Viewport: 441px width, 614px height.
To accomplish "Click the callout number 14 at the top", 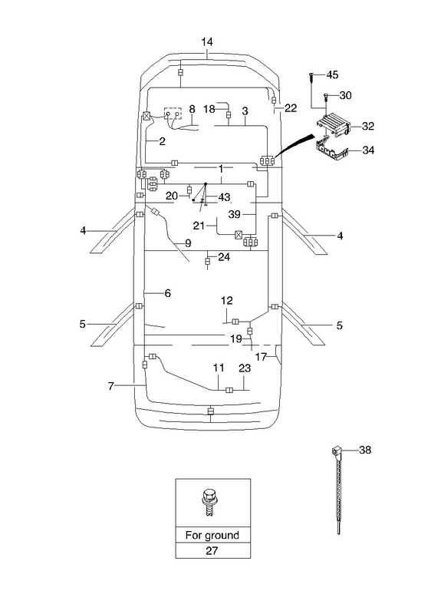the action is click(207, 41).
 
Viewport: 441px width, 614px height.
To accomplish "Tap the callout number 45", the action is click(332, 74).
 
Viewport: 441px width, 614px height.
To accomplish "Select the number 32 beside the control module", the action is click(368, 126).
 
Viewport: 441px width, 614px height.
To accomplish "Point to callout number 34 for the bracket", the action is click(368, 150).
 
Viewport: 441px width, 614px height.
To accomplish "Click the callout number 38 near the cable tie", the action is click(365, 450).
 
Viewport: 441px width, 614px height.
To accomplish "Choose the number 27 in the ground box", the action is click(212, 550).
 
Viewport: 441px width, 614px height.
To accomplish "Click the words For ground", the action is click(212, 535).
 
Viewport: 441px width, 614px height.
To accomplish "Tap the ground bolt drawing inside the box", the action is click(209, 503).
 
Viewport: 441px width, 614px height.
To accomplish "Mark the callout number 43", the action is click(224, 196).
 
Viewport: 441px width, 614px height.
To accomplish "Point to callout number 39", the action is click(235, 214).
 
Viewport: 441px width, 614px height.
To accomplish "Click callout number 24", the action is click(224, 257).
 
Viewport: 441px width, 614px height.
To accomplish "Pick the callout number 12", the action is click(226, 300).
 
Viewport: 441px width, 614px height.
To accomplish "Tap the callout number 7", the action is click(110, 386).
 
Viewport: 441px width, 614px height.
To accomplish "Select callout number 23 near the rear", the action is click(245, 368).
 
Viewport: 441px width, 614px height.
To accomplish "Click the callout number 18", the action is click(209, 108).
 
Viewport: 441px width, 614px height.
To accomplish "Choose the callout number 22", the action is click(291, 107).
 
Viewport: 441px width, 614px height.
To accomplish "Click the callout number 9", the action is click(188, 243).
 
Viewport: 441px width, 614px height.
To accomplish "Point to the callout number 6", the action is click(167, 293).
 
